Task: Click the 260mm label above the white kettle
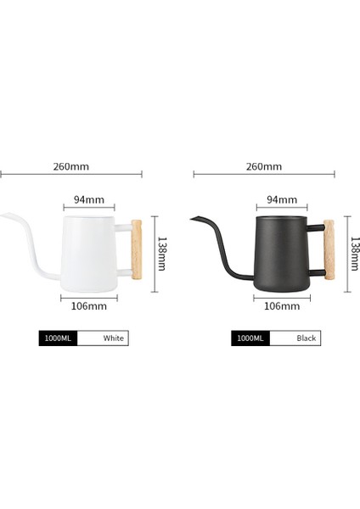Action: tap(72, 167)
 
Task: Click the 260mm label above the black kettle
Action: tap(264, 167)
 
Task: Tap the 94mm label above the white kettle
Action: tap(88, 200)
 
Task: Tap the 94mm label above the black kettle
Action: tap(282, 200)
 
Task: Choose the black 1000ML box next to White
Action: tap(58, 338)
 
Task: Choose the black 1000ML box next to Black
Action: tap(250, 338)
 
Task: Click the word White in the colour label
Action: tap(114, 338)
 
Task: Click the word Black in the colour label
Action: tap(307, 338)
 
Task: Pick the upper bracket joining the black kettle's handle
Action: tap(317, 227)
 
